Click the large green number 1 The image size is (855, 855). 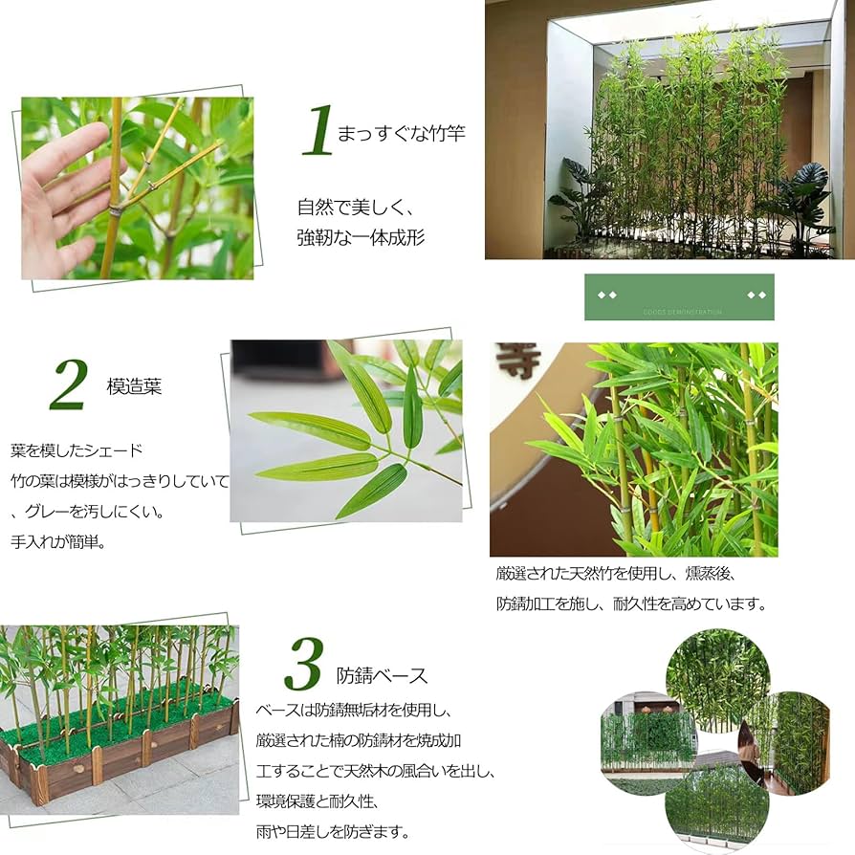(x=318, y=132)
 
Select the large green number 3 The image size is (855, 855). (x=303, y=667)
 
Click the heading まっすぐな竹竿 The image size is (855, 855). (x=401, y=133)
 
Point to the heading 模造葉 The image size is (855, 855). (x=134, y=386)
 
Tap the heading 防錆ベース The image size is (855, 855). (x=382, y=675)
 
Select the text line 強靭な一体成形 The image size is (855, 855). (x=361, y=237)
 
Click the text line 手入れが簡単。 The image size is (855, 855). (x=57, y=540)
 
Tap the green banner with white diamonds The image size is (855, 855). (x=679, y=297)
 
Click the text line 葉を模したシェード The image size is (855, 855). (x=77, y=449)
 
